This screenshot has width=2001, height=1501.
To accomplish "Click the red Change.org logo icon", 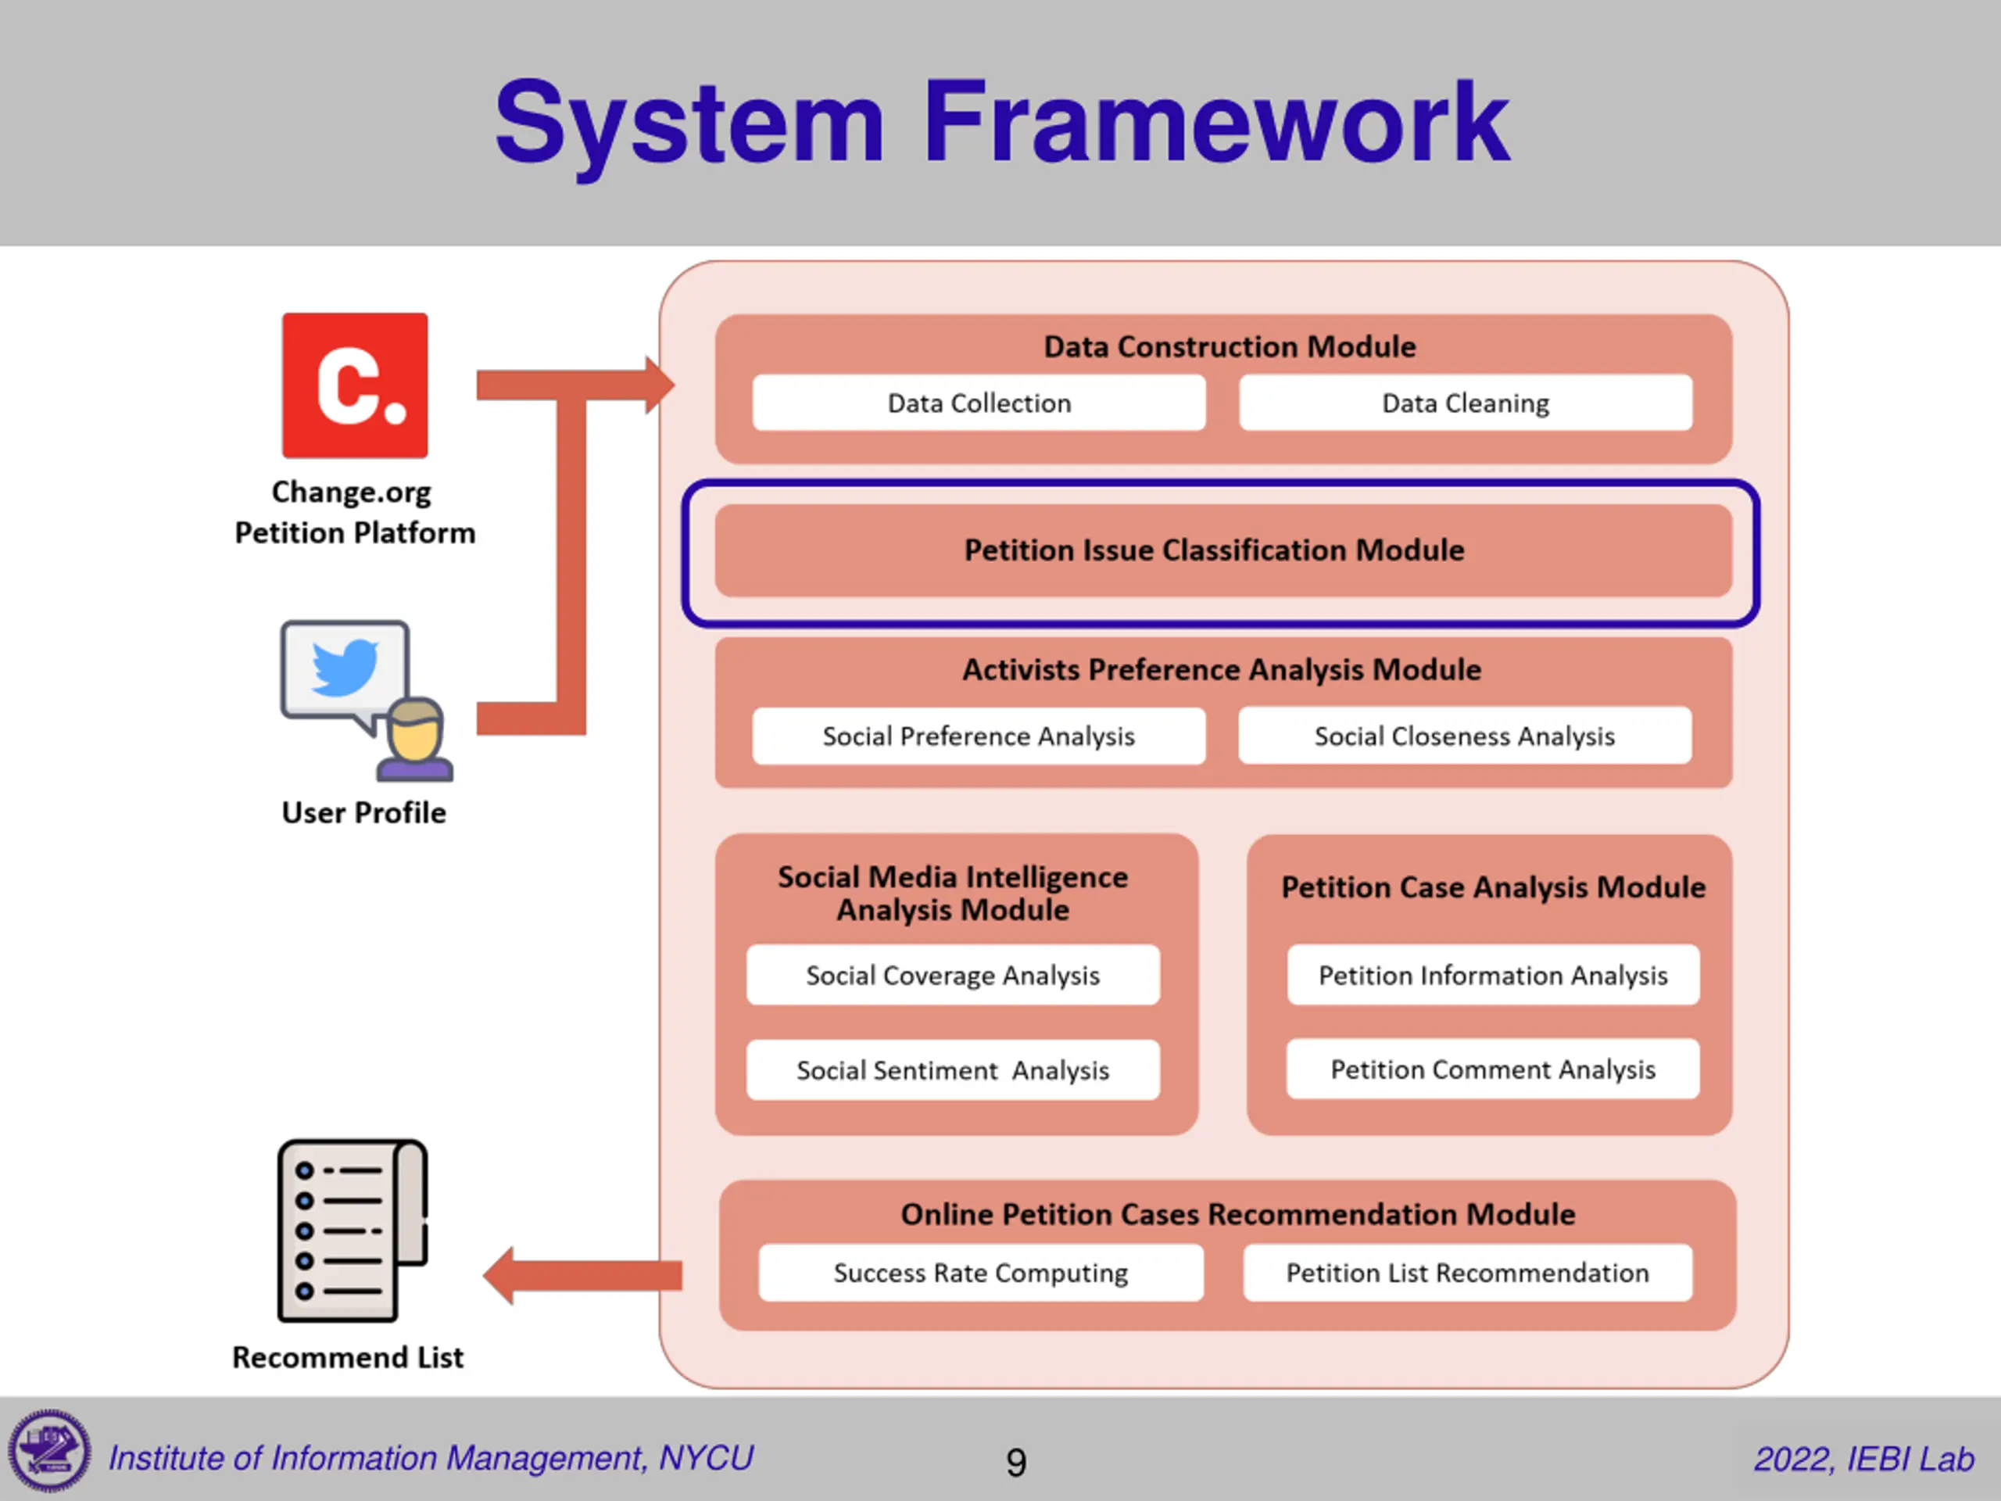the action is coord(355,385).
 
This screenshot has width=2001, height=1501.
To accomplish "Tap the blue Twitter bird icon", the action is coord(345,667).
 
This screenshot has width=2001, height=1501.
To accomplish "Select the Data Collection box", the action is coord(979,403).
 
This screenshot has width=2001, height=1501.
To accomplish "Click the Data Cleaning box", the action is coord(1466,403).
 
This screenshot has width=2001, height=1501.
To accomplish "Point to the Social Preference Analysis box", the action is coord(979,736).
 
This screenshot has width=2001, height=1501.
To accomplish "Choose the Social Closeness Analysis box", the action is coord(1465,736).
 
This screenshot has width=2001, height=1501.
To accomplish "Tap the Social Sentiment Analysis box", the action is coord(953,1069).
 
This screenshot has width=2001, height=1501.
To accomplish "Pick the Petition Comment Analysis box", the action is coord(1493,1069).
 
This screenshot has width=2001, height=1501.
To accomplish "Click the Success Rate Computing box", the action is coord(981,1272).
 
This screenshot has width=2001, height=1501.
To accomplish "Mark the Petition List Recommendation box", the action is coord(1467,1272).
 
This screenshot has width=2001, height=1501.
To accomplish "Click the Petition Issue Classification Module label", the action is coord(1214,550).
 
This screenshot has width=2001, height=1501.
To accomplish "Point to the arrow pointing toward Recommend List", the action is coord(582,1276).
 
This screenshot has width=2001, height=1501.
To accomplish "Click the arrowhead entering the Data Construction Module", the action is coord(660,385).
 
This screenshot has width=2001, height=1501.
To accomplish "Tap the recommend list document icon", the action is coord(352,1231).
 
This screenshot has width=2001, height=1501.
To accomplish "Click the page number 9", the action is coord(1016,1462).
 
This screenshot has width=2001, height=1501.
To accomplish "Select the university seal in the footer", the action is coord(50,1450).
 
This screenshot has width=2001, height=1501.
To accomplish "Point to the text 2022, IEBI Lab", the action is coord(1863,1459).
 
